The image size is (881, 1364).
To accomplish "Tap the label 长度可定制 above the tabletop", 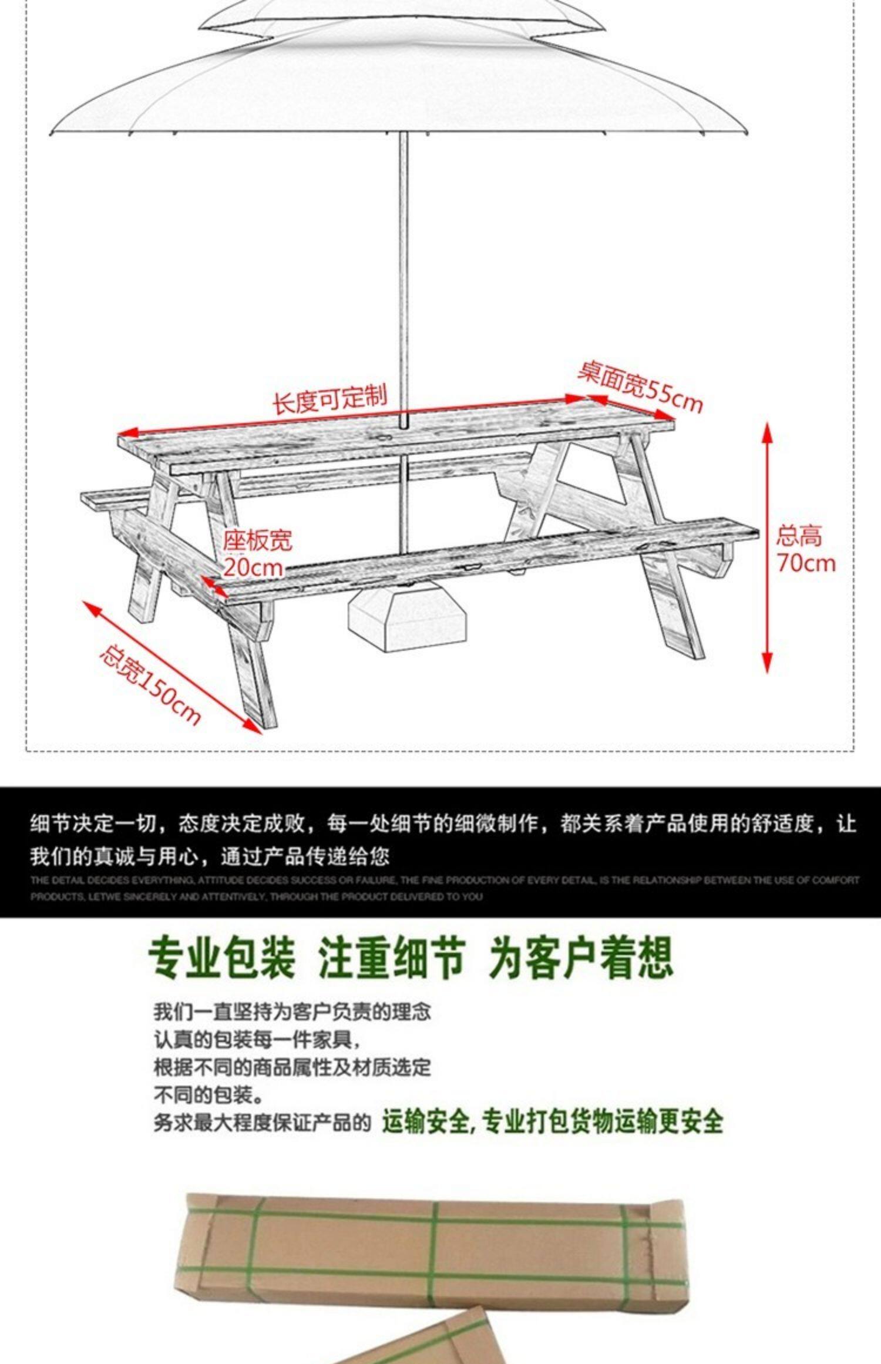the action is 329,399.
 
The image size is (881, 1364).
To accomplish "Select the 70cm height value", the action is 806,563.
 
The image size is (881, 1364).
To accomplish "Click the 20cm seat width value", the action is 253,567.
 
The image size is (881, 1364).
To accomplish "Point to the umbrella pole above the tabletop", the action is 403,264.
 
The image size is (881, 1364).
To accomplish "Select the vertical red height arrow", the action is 767,546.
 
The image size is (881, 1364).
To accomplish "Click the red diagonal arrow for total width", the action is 173,667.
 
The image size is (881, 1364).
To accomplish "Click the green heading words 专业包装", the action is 221,958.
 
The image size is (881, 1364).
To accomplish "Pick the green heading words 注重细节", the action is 392,958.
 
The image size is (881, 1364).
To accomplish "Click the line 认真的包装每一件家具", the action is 256,1039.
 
